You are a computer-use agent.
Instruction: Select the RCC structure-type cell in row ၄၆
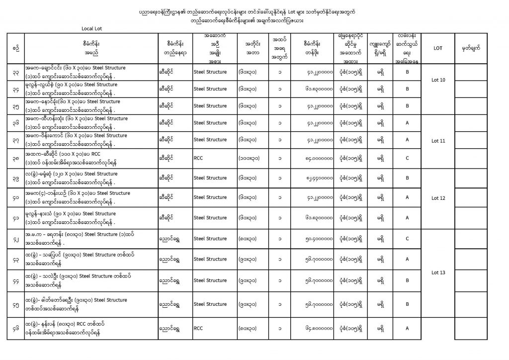pyautogui.click(x=198, y=328)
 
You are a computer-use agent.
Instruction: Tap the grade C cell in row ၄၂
pyautogui.click(x=407, y=238)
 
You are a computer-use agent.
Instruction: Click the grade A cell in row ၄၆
pyautogui.click(x=407, y=328)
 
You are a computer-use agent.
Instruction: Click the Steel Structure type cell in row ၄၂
pyautogui.click(x=210, y=238)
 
